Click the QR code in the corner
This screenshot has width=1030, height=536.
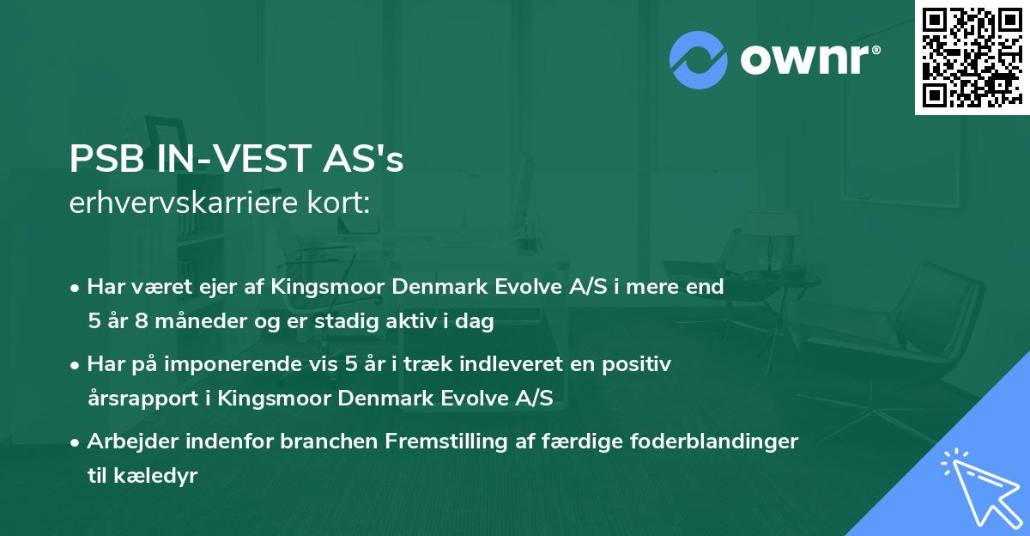point(972,57)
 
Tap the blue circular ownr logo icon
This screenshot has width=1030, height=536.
point(697,59)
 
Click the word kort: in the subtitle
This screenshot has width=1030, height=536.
point(341,204)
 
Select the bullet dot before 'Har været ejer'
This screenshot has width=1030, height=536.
point(76,288)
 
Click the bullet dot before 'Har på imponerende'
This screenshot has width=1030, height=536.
point(76,365)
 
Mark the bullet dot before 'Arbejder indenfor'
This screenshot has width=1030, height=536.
point(76,442)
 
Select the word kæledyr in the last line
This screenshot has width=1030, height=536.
point(154,476)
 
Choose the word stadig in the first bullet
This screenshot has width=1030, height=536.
point(389,322)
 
